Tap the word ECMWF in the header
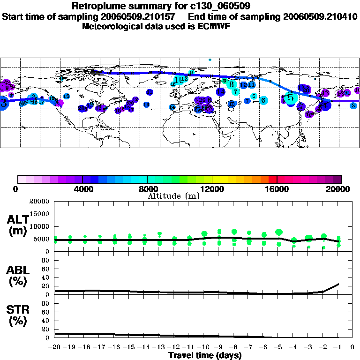(x=212, y=26)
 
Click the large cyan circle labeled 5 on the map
(x=291, y=98)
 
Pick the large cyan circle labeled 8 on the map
(x=231, y=84)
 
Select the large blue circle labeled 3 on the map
(x=3, y=103)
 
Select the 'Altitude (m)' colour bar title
(x=173, y=196)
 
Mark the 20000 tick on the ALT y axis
(x=40, y=202)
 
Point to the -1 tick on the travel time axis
(x=338, y=347)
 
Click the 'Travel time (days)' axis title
(x=205, y=355)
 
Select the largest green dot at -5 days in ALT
(x=279, y=232)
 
